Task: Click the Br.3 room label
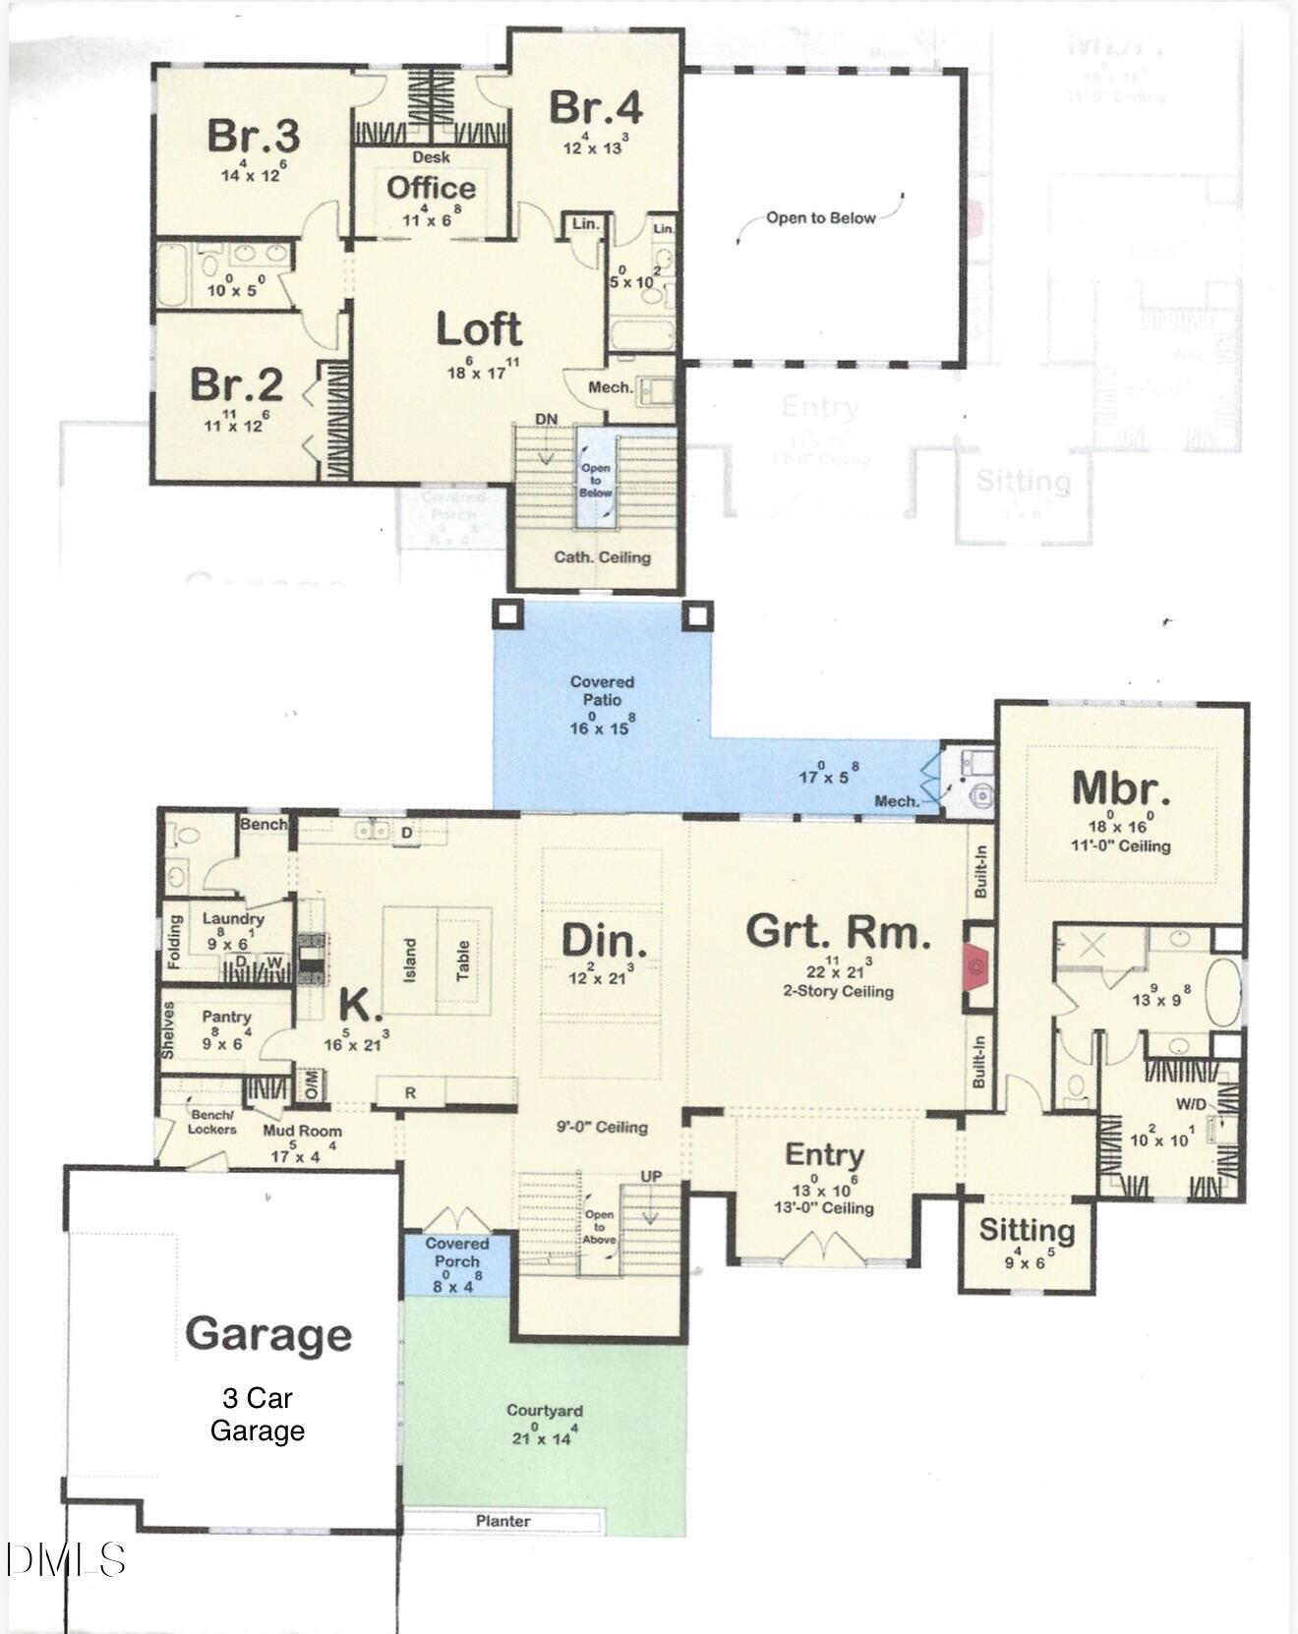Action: click(253, 136)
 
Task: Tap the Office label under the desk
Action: click(431, 188)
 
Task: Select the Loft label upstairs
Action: click(479, 330)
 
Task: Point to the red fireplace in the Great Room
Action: click(976, 966)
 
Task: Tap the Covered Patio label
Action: click(602, 690)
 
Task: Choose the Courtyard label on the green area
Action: click(545, 1410)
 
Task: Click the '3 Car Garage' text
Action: click(257, 1414)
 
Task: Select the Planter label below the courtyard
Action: click(502, 1521)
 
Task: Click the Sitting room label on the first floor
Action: click(1027, 1230)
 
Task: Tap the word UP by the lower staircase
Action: click(651, 1176)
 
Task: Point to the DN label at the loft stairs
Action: click(546, 420)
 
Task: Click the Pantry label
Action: click(226, 1017)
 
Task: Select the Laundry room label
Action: click(233, 918)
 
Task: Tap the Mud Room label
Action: click(302, 1131)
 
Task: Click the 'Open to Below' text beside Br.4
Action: click(820, 218)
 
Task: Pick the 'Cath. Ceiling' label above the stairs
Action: click(602, 557)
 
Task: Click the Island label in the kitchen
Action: click(409, 960)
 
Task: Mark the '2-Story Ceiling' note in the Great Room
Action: click(838, 991)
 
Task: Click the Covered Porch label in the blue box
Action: click(456, 1252)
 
